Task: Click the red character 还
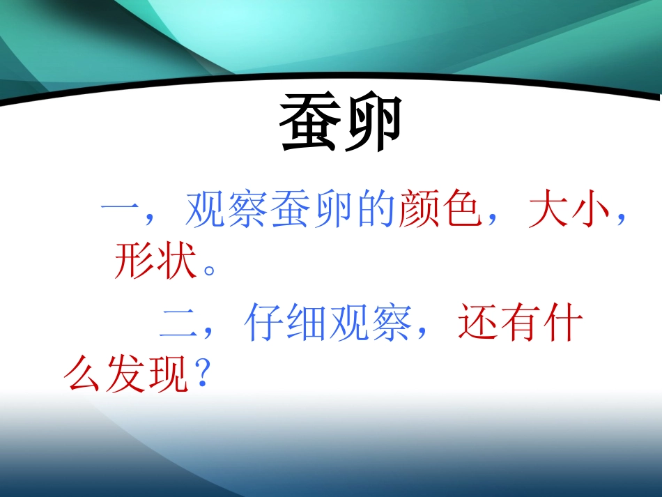click(478, 325)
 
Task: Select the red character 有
click(521, 325)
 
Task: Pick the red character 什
click(563, 325)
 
